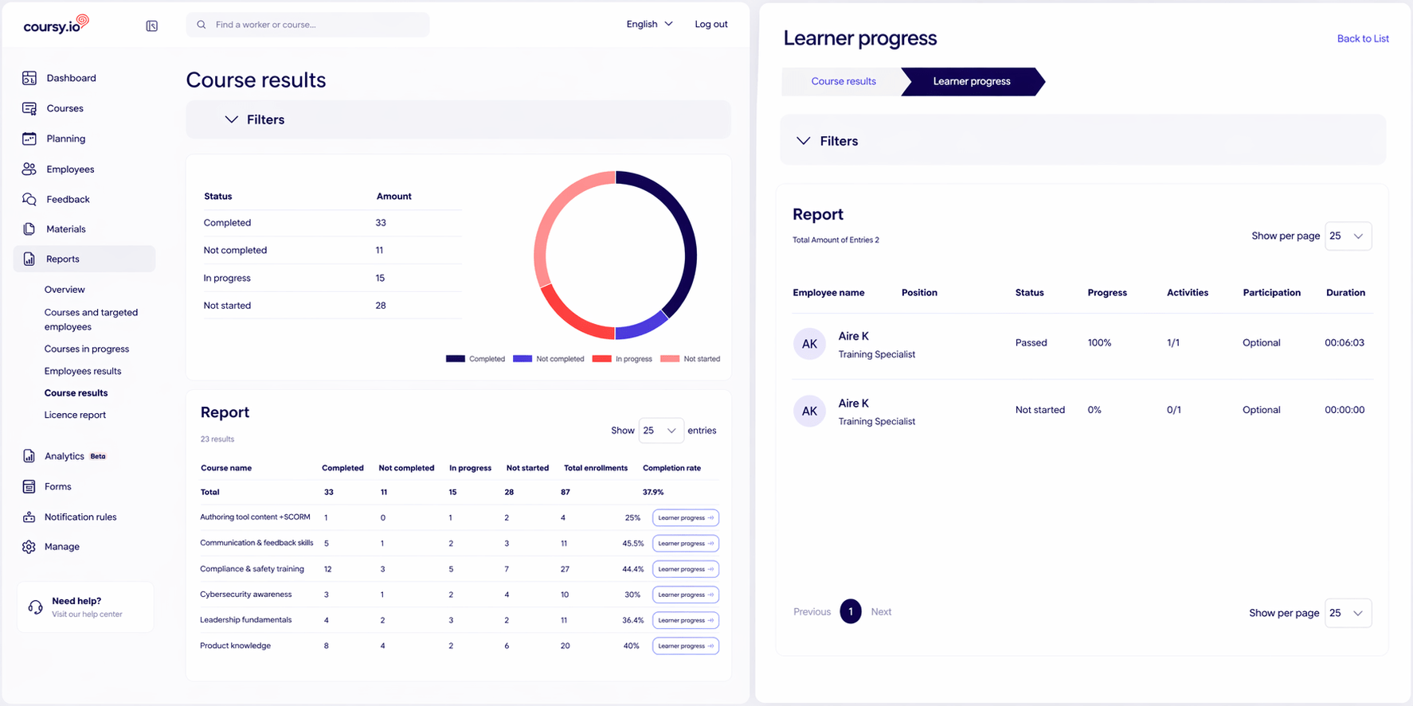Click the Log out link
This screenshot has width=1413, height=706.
pyautogui.click(x=710, y=24)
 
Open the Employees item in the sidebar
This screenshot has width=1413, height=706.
pyautogui.click(x=70, y=169)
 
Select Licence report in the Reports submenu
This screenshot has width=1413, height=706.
pyautogui.click(x=75, y=415)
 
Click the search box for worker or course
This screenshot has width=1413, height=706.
pyautogui.click(x=307, y=25)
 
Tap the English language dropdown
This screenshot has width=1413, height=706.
pyautogui.click(x=649, y=24)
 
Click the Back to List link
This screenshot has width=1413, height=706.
pyautogui.click(x=1363, y=38)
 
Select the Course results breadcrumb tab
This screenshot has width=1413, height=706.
pyautogui.click(x=843, y=81)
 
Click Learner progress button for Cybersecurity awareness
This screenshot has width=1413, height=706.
pyautogui.click(x=686, y=595)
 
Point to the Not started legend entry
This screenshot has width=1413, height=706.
pyautogui.click(x=691, y=359)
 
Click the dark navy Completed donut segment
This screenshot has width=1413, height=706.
pyautogui.click(x=685, y=239)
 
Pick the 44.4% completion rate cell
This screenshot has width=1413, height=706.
pyautogui.click(x=633, y=569)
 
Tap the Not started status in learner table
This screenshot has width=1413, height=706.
pyautogui.click(x=1039, y=410)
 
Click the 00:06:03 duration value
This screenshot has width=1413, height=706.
pyautogui.click(x=1345, y=343)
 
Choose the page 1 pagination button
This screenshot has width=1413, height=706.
pyautogui.click(x=851, y=611)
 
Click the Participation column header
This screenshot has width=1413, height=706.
pyautogui.click(x=1271, y=293)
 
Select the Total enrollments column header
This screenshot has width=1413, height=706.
pyautogui.click(x=596, y=468)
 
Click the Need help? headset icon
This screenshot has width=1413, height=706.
pyautogui.click(x=35, y=607)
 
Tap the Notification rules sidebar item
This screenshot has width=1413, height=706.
pyautogui.click(x=80, y=517)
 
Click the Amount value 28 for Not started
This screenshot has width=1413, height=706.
pyautogui.click(x=381, y=306)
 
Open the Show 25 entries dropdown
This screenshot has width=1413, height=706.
pyautogui.click(x=660, y=431)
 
